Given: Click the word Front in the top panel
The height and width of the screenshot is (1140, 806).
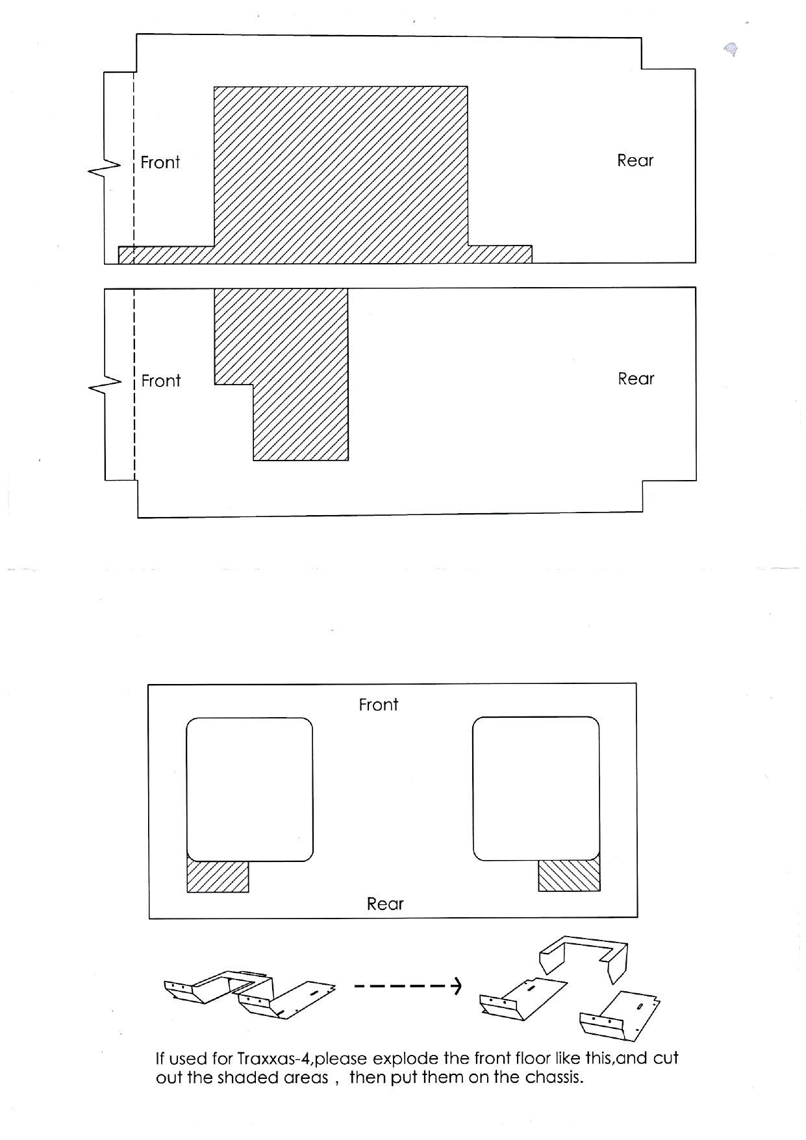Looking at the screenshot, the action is (160, 162).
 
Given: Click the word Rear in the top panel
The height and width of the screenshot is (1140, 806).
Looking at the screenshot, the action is (635, 160).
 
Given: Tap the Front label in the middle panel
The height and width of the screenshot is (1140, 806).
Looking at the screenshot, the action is (160, 381).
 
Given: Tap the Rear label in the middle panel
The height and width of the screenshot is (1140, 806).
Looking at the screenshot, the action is (636, 379).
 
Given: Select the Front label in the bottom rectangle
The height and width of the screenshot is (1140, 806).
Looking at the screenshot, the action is (378, 705).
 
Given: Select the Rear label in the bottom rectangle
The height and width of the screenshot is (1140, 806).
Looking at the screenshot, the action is (385, 904).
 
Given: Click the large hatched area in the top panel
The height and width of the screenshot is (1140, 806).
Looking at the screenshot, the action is (340, 169).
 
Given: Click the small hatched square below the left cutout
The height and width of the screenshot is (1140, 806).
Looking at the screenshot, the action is (218, 876).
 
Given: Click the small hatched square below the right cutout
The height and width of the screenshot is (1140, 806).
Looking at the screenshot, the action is (569, 876).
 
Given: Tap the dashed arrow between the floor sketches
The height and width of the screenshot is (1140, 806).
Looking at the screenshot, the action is (408, 987).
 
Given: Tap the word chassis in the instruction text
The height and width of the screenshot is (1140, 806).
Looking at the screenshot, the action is (553, 1078).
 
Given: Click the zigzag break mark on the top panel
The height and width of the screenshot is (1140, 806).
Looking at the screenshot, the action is (104, 168).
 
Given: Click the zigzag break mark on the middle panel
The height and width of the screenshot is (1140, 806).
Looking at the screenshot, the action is (105, 386).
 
